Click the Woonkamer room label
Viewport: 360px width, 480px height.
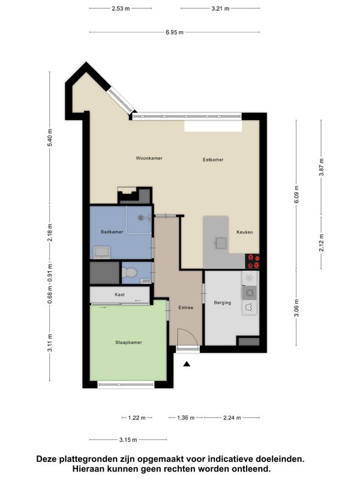pyautogui.click(x=149, y=158)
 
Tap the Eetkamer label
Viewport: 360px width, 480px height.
pyautogui.click(x=213, y=160)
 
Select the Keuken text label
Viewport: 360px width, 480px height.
pyautogui.click(x=245, y=232)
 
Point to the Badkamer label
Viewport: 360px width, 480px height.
pyautogui.click(x=112, y=232)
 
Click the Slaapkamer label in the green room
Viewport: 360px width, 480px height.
pyautogui.click(x=128, y=342)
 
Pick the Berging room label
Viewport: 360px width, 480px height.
pyautogui.click(x=223, y=302)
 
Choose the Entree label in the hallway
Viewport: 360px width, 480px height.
pyautogui.click(x=186, y=307)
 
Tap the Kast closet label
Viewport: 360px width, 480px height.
pyautogui.click(x=119, y=295)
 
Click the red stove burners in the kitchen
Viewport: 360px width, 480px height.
pyautogui.click(x=253, y=262)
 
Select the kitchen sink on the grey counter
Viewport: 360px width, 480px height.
pyautogui.click(x=220, y=244)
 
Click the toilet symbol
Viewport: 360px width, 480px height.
pyautogui.click(x=129, y=272)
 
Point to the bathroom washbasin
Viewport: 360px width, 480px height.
pyautogui.click(x=102, y=252)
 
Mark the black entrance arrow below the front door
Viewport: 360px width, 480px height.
pyautogui.click(x=187, y=364)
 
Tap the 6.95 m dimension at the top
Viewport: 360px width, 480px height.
pyautogui.click(x=175, y=32)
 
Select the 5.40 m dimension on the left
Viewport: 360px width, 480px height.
pyautogui.click(x=50, y=138)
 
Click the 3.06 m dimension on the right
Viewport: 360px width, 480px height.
pyautogui.click(x=296, y=308)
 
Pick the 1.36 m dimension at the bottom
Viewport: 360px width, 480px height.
pyautogui.click(x=186, y=418)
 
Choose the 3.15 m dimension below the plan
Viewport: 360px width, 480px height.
pyautogui.click(x=128, y=440)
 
